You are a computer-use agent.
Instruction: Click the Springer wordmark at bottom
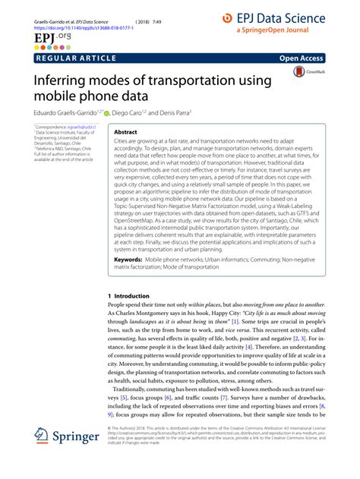[x=81, y=439]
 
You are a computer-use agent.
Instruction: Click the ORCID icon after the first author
[x=107, y=113]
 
